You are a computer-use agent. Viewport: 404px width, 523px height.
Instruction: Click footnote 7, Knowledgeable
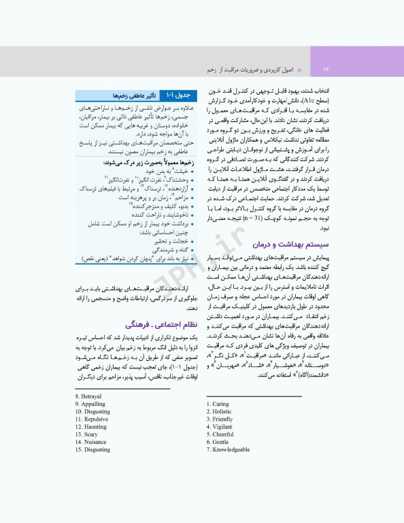click(x=231, y=449)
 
